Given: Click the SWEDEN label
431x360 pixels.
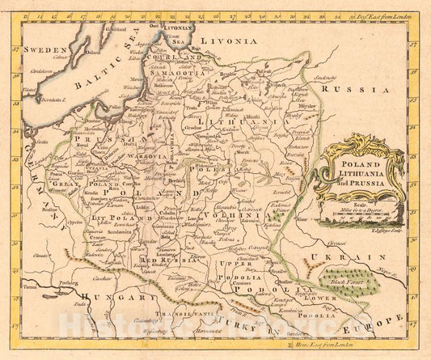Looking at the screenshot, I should (x=44, y=49).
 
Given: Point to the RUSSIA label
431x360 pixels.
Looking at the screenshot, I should (x=354, y=89).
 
